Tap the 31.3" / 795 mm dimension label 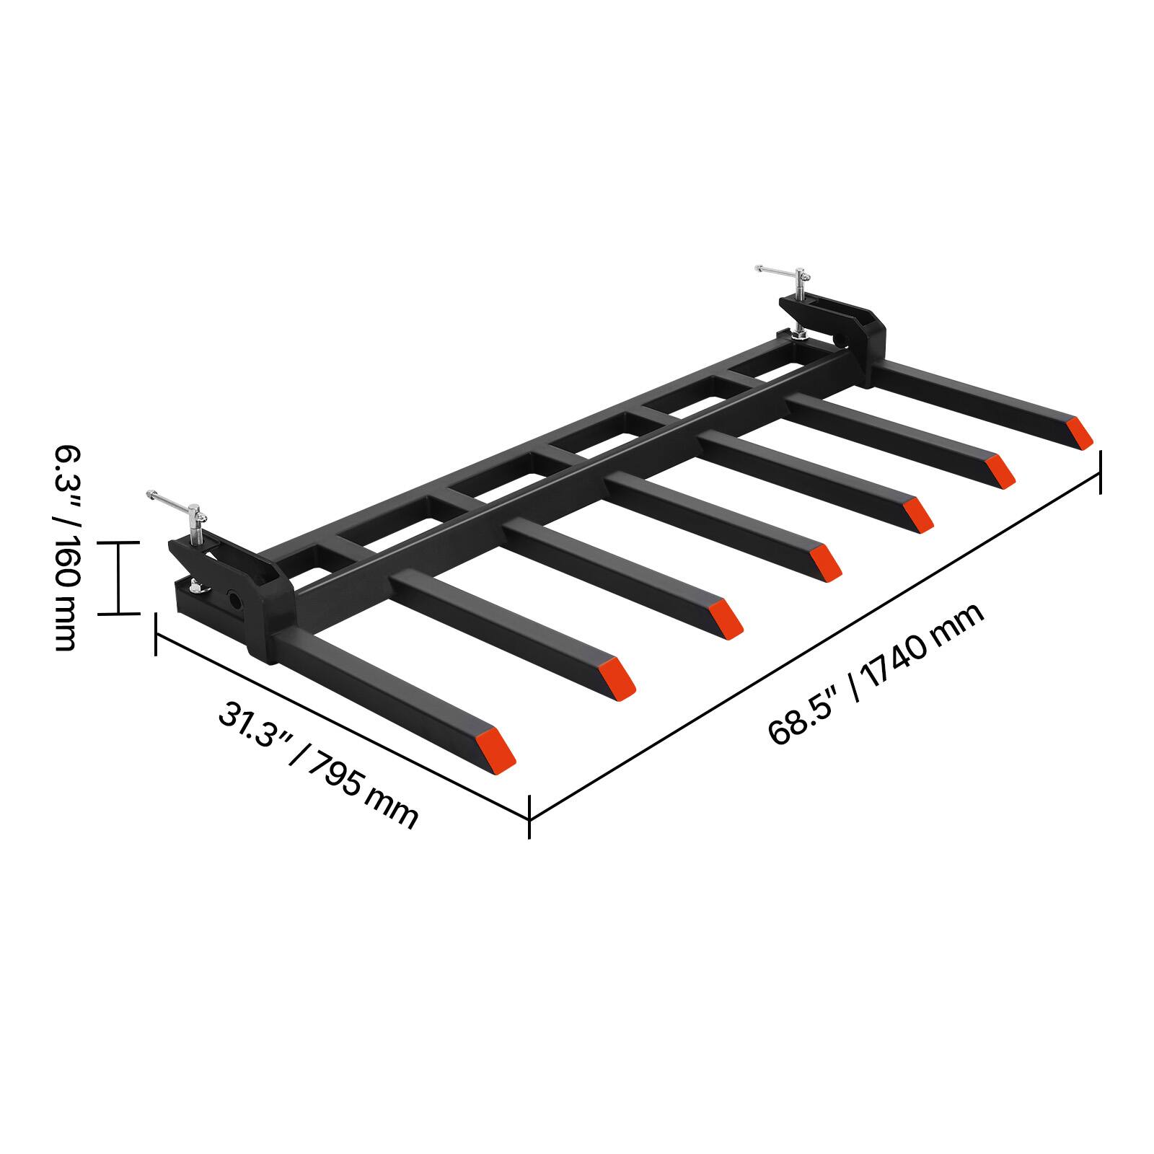tap(318, 766)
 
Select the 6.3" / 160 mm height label tap(65, 548)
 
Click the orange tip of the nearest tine tap(495, 749)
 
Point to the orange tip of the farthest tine tap(1080, 433)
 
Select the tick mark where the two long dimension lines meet tap(530, 816)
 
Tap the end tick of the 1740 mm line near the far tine tap(1100, 472)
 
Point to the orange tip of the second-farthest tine tap(1000, 470)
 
